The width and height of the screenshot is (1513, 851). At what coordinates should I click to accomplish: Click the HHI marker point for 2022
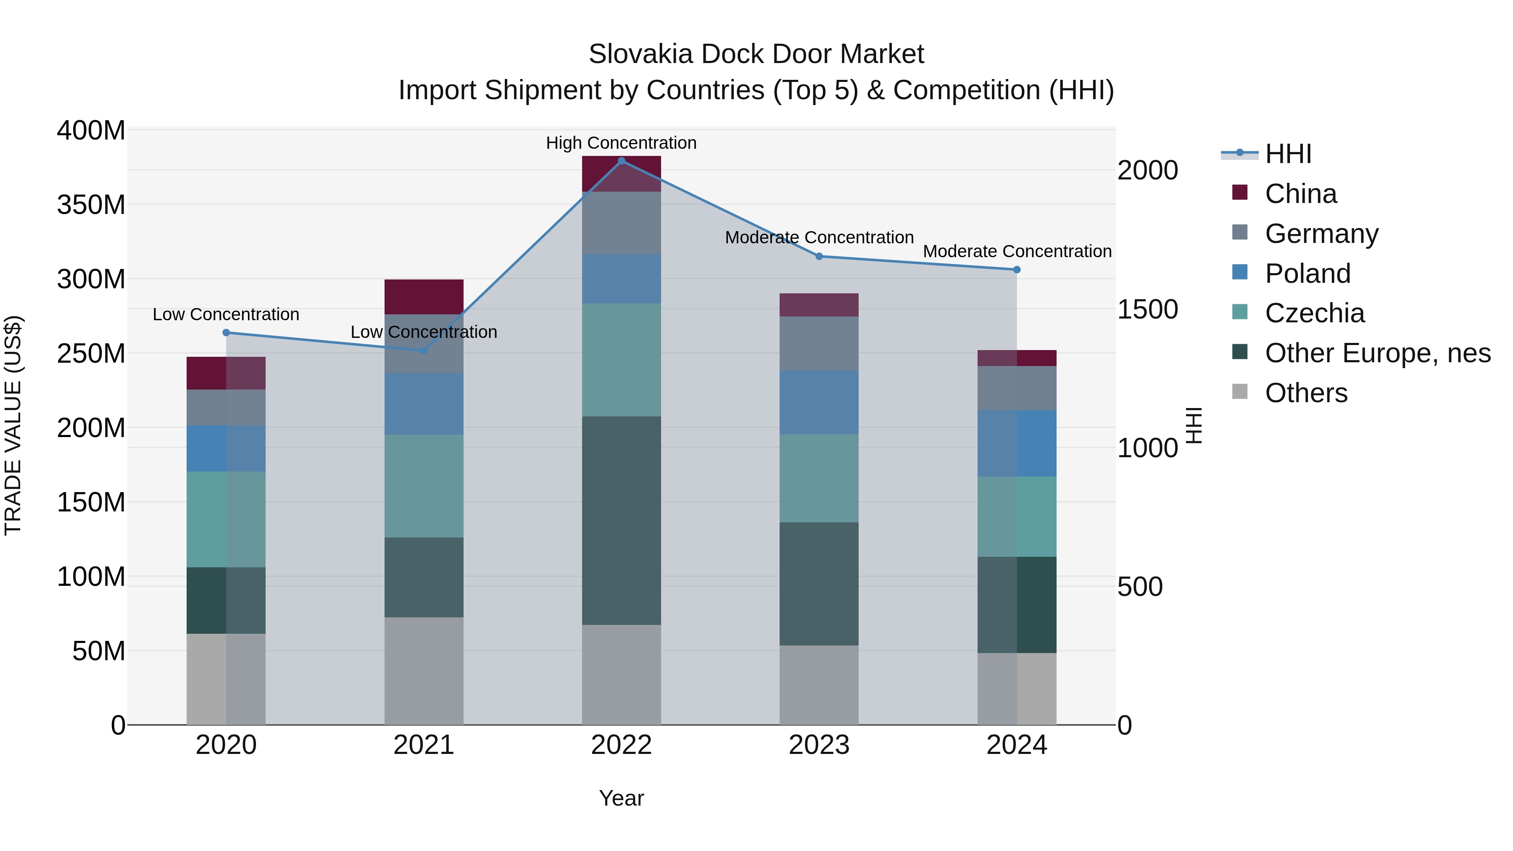(x=622, y=161)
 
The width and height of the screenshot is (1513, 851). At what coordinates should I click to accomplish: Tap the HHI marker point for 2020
(x=226, y=332)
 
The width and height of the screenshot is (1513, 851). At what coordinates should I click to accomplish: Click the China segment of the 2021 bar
(x=424, y=297)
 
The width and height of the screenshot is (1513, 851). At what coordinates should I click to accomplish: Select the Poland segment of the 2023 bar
(x=819, y=402)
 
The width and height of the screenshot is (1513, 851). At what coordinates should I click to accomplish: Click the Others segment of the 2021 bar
(x=424, y=671)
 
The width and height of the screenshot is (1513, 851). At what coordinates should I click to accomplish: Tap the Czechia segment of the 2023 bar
(x=819, y=478)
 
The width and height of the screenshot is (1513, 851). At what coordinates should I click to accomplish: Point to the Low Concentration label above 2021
(x=424, y=332)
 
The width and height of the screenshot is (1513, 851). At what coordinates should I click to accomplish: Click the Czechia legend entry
(x=1315, y=313)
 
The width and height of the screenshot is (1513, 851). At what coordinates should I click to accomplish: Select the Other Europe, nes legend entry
(x=1377, y=353)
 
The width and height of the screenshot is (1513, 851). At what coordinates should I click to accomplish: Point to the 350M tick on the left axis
(x=91, y=205)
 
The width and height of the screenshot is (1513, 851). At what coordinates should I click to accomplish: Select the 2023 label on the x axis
(x=819, y=745)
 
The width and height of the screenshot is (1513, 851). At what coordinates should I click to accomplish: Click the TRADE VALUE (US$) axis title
(x=13, y=425)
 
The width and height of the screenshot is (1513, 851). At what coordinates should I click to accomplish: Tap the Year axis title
(x=622, y=798)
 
